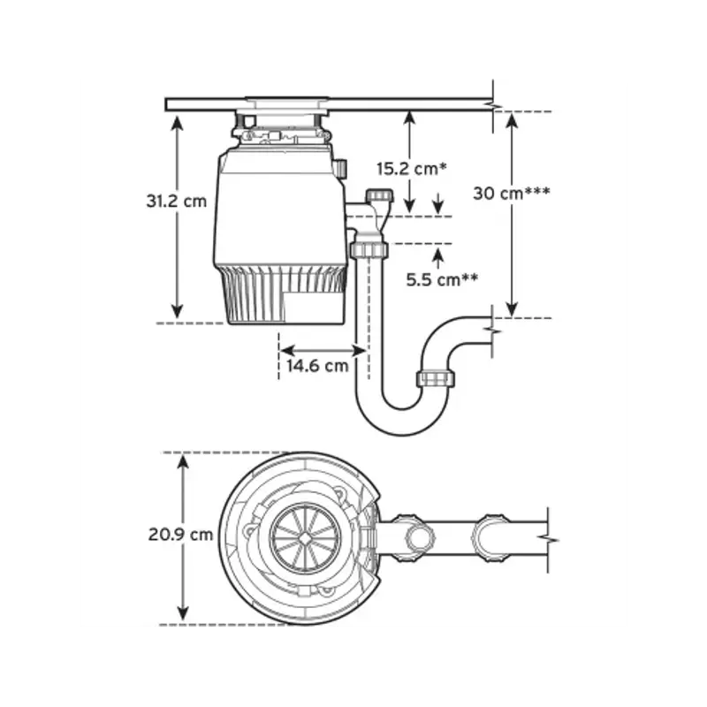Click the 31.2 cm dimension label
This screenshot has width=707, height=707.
(x=176, y=201)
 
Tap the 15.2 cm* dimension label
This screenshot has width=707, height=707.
(x=412, y=169)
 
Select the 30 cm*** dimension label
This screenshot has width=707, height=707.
(x=512, y=194)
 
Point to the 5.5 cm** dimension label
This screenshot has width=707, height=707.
(x=442, y=280)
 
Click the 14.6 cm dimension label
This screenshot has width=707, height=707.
(x=317, y=365)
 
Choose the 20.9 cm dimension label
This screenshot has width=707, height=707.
(x=180, y=535)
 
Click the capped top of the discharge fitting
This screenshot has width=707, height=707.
(x=379, y=196)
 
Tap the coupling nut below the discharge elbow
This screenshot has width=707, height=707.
(x=369, y=249)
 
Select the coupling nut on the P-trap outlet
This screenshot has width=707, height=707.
(x=435, y=379)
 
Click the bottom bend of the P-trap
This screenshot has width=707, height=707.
(x=402, y=423)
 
